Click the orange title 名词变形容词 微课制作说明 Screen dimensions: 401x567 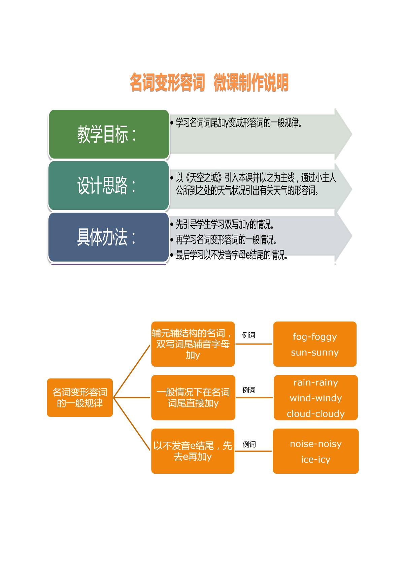(x=209, y=82)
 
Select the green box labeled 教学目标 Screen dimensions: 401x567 (x=109, y=134)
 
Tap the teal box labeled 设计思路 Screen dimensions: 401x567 (x=109, y=186)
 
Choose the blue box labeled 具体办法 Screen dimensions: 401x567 (x=109, y=237)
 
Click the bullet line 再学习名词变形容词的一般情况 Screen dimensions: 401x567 (x=226, y=239)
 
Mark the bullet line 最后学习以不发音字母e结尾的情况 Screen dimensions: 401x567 (x=232, y=255)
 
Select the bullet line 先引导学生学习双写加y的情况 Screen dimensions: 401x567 (x=225, y=224)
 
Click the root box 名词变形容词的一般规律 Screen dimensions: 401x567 (x=80, y=397)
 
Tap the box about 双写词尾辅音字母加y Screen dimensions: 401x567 (x=193, y=344)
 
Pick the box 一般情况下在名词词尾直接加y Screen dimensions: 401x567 (x=193, y=397)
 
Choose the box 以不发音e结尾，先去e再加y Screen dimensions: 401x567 (x=193, y=451)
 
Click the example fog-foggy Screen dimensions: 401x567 (x=315, y=337)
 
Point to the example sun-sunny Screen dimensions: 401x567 (x=315, y=352)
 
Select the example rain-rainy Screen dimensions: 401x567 (x=316, y=382)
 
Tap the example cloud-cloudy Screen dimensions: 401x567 (x=316, y=413)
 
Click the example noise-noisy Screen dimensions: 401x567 (x=316, y=444)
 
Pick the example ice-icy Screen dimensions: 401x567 (x=316, y=459)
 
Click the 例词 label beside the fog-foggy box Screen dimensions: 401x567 (x=248, y=335)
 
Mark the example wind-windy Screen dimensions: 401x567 (x=316, y=398)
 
